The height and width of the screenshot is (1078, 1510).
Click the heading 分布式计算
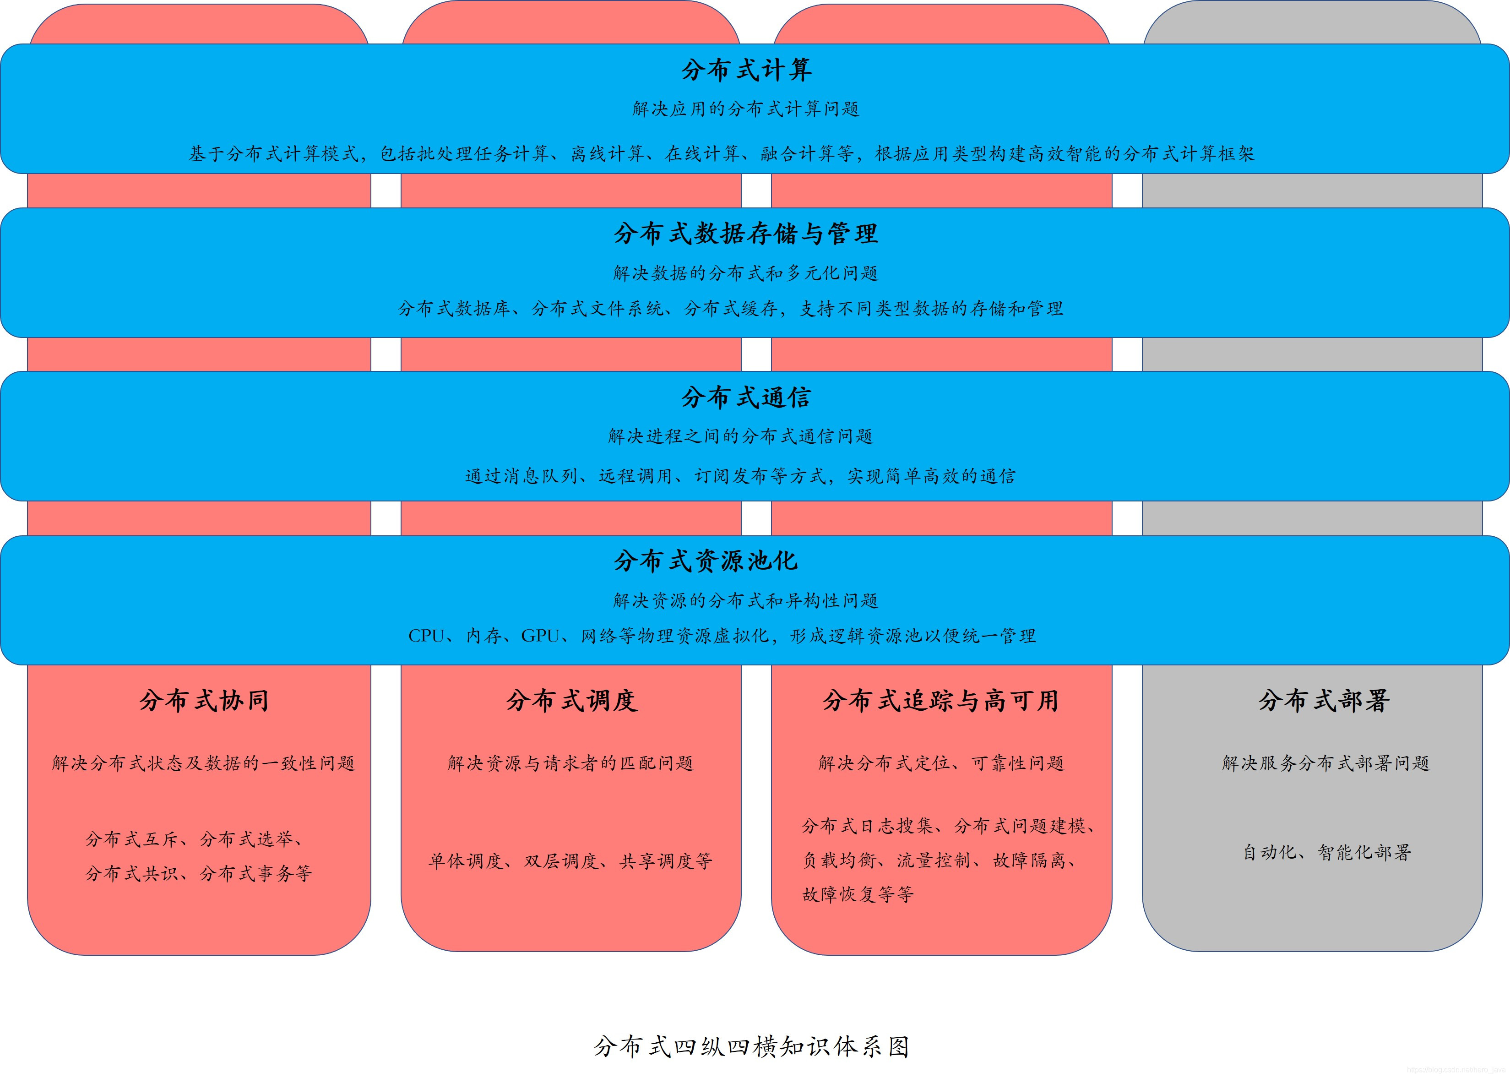coord(746,70)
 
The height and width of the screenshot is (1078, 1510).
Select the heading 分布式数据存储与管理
coord(745,234)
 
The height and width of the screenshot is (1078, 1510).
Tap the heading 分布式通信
coord(746,397)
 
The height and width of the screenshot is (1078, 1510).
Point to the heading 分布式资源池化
coord(706,561)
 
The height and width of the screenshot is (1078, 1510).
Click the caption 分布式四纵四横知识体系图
coord(751,1047)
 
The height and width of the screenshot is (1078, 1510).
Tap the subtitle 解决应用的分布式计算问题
coord(746,109)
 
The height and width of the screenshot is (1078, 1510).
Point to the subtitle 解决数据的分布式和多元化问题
coord(745,273)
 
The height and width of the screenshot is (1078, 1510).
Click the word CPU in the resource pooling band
coord(426,637)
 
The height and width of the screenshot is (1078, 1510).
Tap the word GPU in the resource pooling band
coord(540,637)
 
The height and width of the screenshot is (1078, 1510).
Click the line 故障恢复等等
coord(858,895)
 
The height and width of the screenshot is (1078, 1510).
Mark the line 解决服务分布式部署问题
coord(1325,763)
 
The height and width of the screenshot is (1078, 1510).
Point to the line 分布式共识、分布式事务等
coord(198,874)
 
